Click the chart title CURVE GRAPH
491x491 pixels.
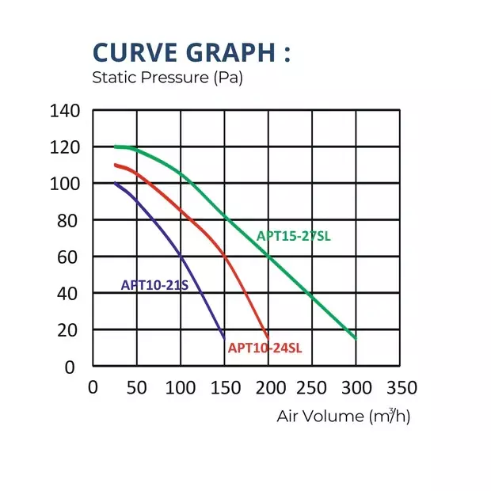tap(191, 52)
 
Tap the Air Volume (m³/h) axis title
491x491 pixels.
tap(344, 415)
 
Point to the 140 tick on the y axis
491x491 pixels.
tap(67, 111)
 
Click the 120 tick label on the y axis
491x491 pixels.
tap(67, 147)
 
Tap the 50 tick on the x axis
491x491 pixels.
tap(138, 387)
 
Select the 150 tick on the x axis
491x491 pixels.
tap(226, 387)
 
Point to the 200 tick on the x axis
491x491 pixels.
tap(269, 387)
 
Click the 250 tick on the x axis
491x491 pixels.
tap(314, 387)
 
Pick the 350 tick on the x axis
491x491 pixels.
tap(401, 387)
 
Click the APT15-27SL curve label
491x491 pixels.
tap(294, 236)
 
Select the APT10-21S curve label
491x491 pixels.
tap(154, 285)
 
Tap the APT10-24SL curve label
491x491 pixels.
tap(265, 348)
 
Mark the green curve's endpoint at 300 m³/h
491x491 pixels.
tap(356, 339)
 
